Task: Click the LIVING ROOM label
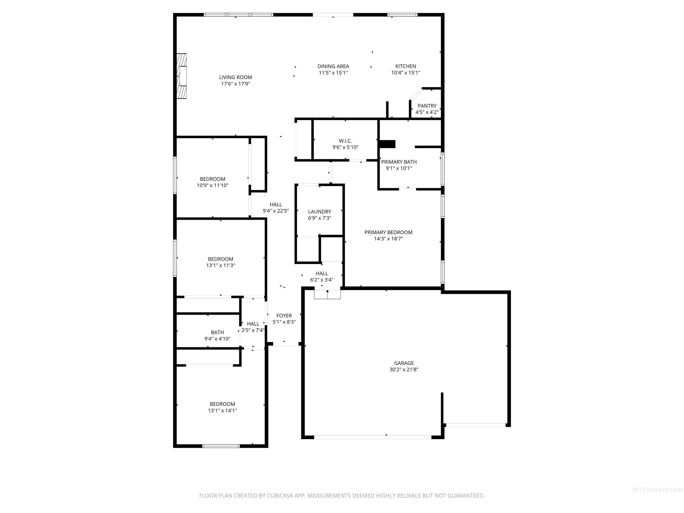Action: tap(235, 77)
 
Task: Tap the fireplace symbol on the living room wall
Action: tap(182, 76)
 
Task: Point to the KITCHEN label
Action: tap(405, 66)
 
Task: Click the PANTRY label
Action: tap(427, 106)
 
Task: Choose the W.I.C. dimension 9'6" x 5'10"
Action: tap(345, 147)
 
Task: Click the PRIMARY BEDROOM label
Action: tap(388, 232)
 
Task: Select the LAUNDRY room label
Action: tap(320, 212)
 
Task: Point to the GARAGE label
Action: tap(403, 363)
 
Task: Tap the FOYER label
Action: tap(284, 316)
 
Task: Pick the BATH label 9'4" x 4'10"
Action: tap(217, 332)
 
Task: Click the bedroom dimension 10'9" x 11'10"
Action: tap(212, 185)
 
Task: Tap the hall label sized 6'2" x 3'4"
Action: tap(322, 273)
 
